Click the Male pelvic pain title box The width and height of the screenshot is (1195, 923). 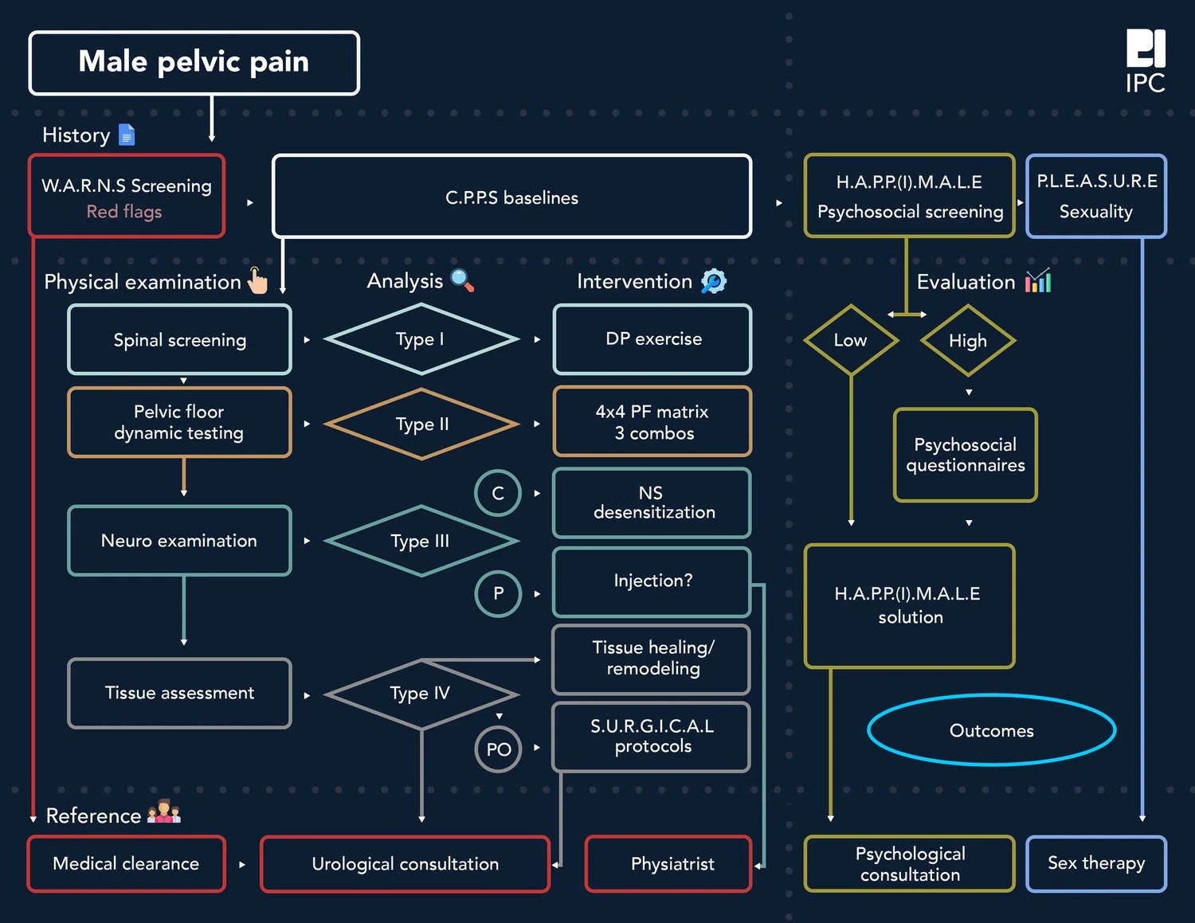coord(194,63)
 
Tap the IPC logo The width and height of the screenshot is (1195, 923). coord(1145,61)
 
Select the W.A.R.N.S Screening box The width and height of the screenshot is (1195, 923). coord(127,197)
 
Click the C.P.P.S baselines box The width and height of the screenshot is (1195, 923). coord(511,197)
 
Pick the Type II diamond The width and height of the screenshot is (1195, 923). coord(421,424)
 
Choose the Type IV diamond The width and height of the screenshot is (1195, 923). coord(421,694)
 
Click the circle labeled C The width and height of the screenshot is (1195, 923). coord(498,493)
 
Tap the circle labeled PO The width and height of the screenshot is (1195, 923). coord(498,749)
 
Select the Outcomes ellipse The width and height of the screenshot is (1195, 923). coord(991,730)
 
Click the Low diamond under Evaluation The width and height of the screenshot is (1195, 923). coord(850,340)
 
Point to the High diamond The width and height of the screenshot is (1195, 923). coord(967,341)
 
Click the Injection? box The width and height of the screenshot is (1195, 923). coord(652,581)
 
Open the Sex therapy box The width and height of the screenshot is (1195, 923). coord(1095,863)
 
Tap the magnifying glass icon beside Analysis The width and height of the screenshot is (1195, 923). coord(462,280)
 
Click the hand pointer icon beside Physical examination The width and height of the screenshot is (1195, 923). coord(257,280)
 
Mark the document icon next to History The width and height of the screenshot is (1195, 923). coord(127,135)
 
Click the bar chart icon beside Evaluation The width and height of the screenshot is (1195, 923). coord(1038,280)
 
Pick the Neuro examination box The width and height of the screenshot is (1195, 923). coord(179,541)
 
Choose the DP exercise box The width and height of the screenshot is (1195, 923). coord(652,339)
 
